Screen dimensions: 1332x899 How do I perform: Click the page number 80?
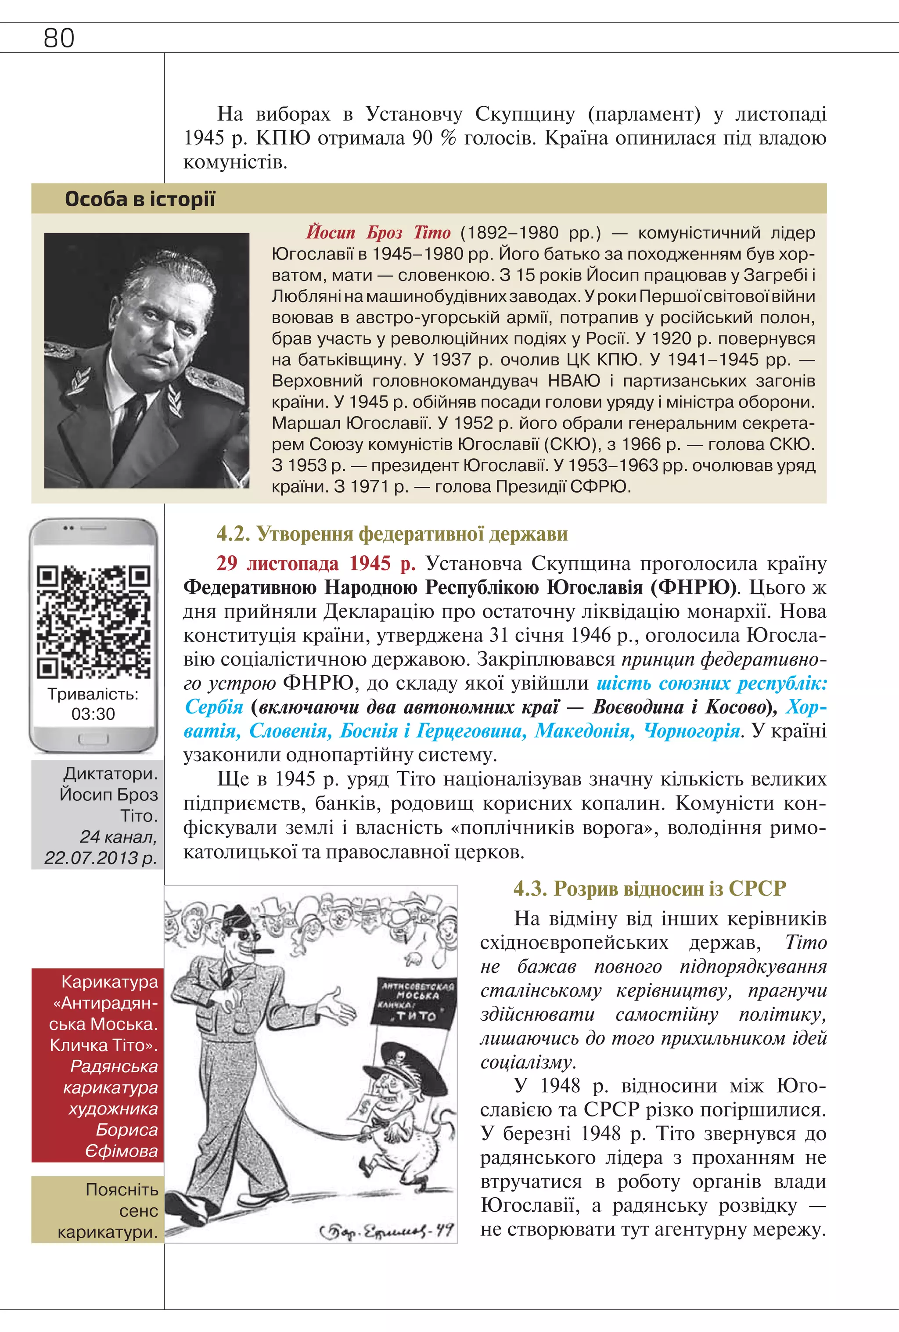click(x=58, y=38)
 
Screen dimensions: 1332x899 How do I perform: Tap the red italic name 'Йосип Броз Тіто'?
click(x=378, y=233)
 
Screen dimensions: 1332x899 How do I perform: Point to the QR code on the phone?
click(x=93, y=622)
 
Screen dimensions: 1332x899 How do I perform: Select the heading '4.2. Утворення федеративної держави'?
click(x=392, y=534)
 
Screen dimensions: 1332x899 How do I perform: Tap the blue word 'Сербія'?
click(x=214, y=707)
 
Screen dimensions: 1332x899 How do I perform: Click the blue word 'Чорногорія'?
click(x=691, y=731)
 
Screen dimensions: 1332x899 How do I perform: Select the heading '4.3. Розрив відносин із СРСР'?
click(x=649, y=889)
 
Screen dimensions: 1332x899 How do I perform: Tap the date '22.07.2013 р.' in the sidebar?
click(x=100, y=858)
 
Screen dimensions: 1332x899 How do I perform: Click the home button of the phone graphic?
click(x=93, y=740)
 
